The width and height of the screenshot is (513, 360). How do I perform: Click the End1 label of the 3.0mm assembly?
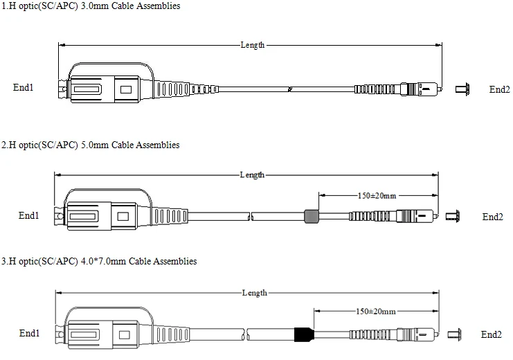point(24,87)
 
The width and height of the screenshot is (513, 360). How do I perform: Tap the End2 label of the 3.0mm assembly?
point(500,89)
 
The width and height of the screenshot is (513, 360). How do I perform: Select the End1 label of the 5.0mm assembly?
point(29,215)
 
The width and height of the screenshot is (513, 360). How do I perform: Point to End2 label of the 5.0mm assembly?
point(493,217)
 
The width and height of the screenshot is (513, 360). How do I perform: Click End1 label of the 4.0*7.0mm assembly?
point(30,333)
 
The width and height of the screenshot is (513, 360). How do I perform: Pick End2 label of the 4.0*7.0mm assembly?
point(492,334)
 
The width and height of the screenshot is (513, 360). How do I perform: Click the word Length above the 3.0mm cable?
point(253,45)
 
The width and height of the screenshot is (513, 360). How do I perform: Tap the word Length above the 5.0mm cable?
point(252,175)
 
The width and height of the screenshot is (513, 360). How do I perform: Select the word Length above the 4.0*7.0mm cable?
point(255,293)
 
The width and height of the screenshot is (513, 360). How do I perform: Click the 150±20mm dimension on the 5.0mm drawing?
point(377,196)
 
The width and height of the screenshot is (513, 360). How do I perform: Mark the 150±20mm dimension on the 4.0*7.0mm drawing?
point(376,312)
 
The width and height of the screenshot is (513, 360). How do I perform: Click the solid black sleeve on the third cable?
point(304,334)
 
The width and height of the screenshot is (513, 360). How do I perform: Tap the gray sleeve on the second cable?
point(312,216)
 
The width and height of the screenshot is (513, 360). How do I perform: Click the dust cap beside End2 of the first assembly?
point(462,89)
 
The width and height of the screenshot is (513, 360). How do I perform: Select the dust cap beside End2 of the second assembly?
point(453,216)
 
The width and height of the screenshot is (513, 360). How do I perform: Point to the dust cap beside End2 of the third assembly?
point(454,335)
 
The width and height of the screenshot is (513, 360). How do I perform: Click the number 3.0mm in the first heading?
point(95,6)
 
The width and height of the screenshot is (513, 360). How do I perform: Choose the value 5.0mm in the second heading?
point(95,145)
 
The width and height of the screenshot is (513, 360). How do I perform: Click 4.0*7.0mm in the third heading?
point(103,261)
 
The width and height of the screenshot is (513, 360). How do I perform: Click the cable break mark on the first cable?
point(289,89)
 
